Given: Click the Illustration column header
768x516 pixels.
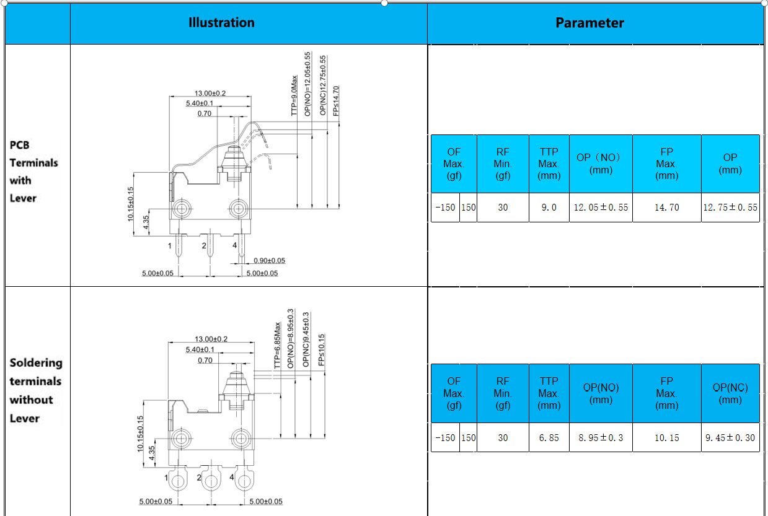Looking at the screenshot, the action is (x=221, y=23).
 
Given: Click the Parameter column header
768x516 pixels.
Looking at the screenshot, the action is (x=589, y=23).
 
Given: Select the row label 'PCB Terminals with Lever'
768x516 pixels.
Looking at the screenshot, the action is (x=33, y=172).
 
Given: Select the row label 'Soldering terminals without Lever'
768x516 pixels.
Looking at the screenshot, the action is (x=36, y=390).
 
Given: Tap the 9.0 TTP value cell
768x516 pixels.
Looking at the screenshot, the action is (x=549, y=208).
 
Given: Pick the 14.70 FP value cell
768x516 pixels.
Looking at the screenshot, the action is (x=667, y=208).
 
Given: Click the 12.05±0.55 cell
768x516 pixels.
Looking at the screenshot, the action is (x=601, y=208).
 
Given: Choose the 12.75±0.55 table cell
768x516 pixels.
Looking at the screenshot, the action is (x=730, y=208).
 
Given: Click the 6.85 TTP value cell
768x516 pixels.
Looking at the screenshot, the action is (x=549, y=437).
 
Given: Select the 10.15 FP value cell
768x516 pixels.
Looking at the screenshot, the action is (x=667, y=437).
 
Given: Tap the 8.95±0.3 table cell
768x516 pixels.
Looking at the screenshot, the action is (x=601, y=437).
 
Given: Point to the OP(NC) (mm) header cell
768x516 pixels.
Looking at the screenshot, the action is (x=730, y=393).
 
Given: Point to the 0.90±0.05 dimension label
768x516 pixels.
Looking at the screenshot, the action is (x=269, y=260).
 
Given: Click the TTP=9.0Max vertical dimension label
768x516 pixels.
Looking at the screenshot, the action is (x=294, y=95).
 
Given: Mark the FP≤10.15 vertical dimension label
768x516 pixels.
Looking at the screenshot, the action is (x=321, y=350).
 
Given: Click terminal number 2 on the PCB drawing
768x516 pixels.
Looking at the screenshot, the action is (x=204, y=246).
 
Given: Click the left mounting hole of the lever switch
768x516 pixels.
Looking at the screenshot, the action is (x=182, y=208).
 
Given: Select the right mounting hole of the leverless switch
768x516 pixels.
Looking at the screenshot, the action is (x=241, y=438).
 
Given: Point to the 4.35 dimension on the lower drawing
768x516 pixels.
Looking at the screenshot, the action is (x=151, y=453).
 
